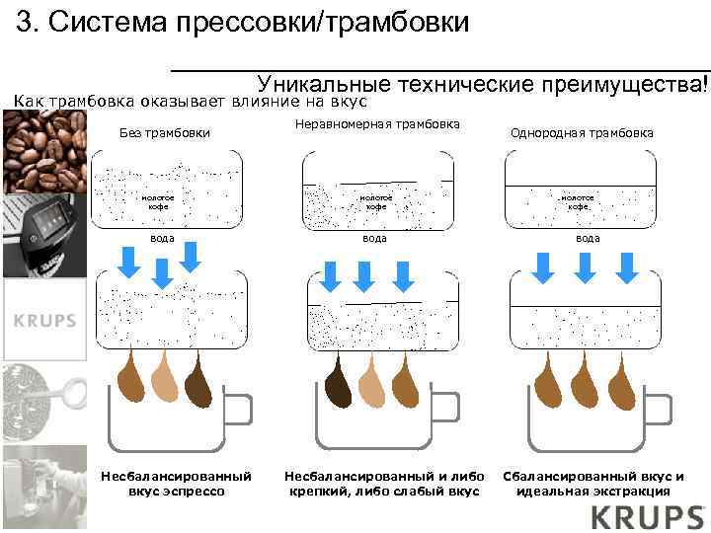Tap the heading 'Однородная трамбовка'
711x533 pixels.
pos(581,133)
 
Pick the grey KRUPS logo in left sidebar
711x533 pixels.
pos(43,321)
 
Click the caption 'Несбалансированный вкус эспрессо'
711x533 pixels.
pos(176,484)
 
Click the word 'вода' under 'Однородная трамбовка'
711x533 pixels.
pos(587,239)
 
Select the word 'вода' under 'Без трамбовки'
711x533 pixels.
pos(163,239)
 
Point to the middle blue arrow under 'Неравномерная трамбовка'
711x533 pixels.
pos(364,276)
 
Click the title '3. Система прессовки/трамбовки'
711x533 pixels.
pos(243,23)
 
